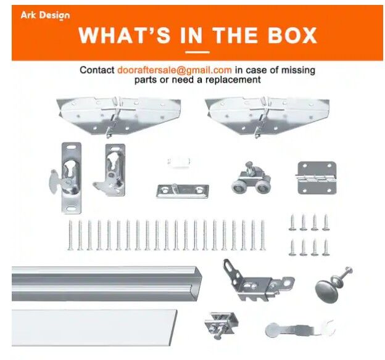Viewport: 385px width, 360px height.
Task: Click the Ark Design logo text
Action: tap(45, 15)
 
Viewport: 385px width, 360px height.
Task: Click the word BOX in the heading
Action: tap(292, 35)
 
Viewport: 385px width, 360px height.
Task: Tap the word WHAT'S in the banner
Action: tap(125, 35)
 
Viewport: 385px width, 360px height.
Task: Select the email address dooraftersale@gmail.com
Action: tap(175, 70)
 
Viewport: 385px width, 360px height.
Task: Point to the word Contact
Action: tap(97, 70)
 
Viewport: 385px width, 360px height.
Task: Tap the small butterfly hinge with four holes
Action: tap(317, 178)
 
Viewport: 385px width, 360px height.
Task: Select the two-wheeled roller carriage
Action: tap(250, 178)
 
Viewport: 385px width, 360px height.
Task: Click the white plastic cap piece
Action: tap(180, 162)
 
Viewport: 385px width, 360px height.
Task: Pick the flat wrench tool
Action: tap(300, 329)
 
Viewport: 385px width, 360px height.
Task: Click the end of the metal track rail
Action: tap(199, 284)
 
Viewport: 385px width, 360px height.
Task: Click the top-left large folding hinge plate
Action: tap(118, 117)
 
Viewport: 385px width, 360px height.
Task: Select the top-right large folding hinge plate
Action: tap(267, 117)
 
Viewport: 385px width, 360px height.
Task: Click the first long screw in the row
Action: tap(70, 235)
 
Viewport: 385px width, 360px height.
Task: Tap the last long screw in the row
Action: tap(263, 235)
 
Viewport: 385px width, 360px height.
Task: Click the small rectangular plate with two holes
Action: tap(183, 191)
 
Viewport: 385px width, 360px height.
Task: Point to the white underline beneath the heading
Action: tap(197, 52)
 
